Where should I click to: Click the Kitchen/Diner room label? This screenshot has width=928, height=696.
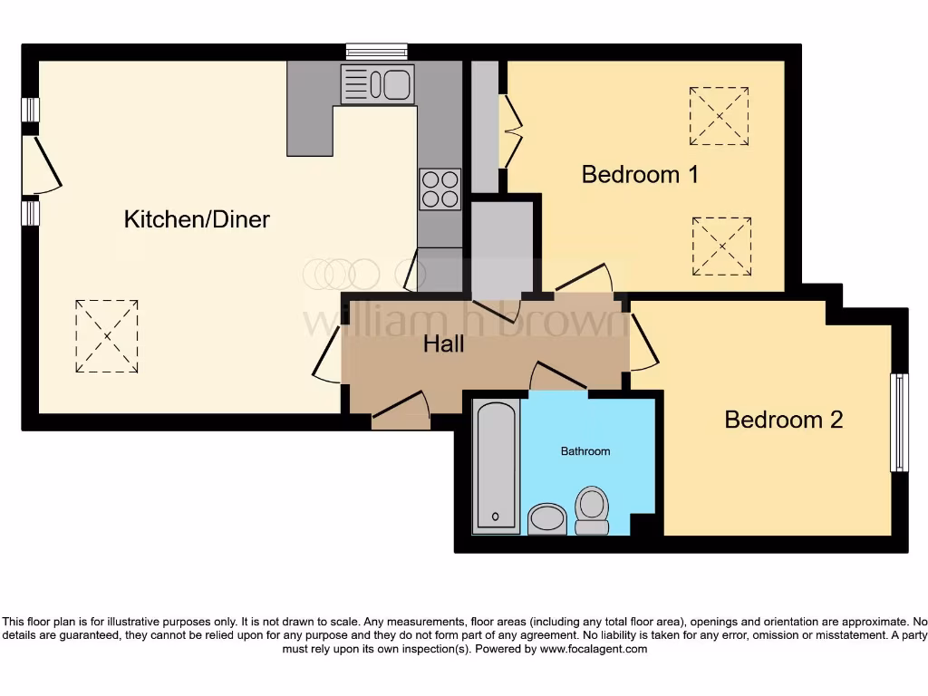click(197, 218)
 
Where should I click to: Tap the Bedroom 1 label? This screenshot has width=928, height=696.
click(640, 174)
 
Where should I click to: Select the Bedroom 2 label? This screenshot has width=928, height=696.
click(783, 420)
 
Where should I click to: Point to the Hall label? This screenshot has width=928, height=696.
click(444, 343)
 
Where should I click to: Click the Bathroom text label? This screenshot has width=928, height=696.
click(585, 450)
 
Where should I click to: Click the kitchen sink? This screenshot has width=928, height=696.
click(377, 84)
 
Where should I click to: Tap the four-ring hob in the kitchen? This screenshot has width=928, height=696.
click(440, 189)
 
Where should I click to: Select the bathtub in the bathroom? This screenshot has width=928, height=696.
click(496, 466)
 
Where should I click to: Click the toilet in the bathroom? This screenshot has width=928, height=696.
click(592, 510)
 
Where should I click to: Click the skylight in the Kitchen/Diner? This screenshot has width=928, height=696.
click(107, 336)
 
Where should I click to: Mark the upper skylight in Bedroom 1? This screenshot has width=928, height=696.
click(719, 116)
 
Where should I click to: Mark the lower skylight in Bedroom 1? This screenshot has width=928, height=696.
click(721, 246)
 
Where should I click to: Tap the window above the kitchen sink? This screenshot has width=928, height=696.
click(376, 52)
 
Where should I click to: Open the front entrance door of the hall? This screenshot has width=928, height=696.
click(401, 412)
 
